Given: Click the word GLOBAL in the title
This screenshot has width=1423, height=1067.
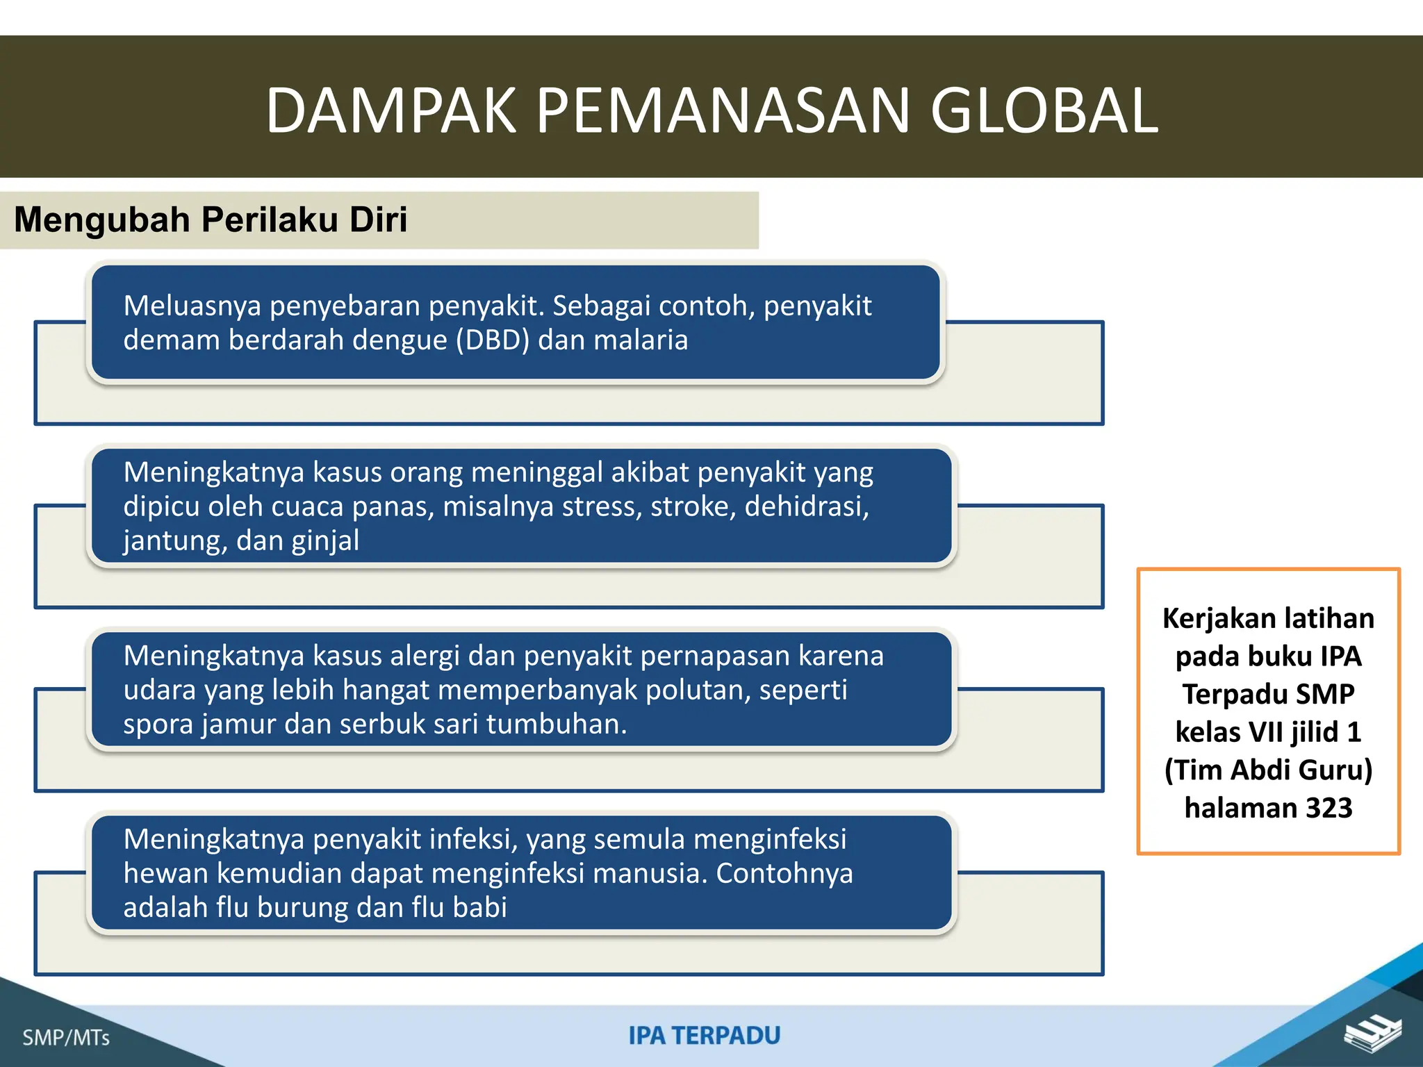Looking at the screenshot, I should [x=1044, y=111].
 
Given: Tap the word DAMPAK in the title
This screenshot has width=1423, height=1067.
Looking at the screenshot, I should [x=391, y=111].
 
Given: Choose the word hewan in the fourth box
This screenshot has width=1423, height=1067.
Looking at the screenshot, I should [x=165, y=873].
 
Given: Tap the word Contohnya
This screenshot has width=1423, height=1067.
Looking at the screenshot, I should [x=784, y=873].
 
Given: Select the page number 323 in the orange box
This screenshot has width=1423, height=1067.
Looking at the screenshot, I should [x=1329, y=808].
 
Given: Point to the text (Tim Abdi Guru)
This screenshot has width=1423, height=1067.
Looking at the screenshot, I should [x=1268, y=770].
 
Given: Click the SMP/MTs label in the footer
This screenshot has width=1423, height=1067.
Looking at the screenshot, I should [x=66, y=1038].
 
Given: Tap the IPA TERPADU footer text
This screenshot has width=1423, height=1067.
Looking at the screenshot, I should [x=705, y=1036].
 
